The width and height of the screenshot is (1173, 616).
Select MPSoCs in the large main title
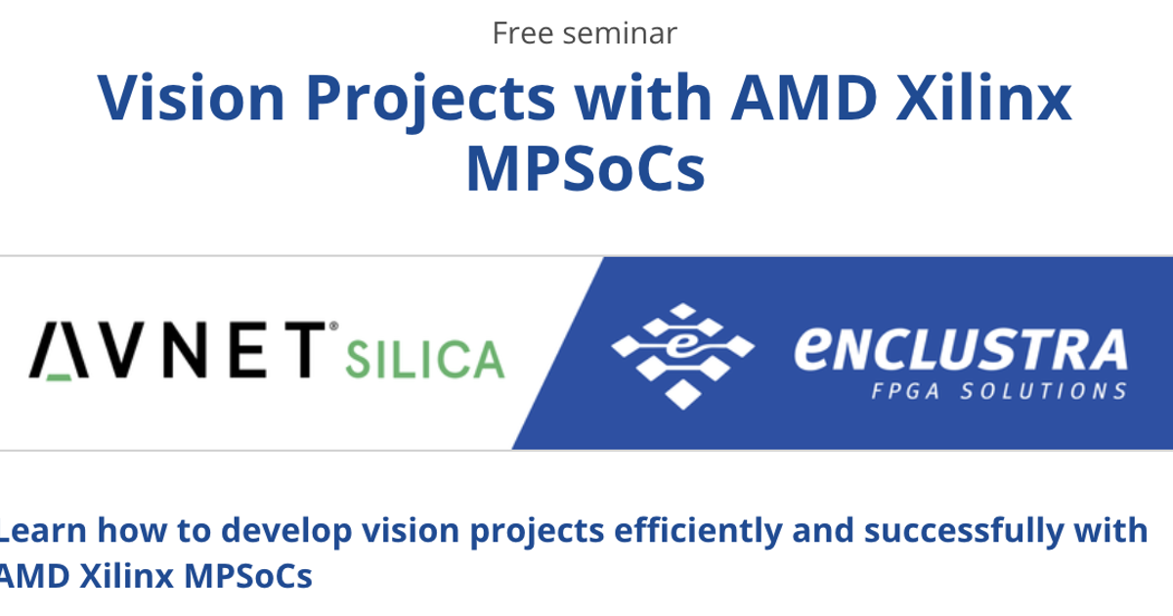(x=585, y=168)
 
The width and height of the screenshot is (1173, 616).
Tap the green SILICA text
(x=424, y=359)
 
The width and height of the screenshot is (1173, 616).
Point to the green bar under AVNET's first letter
(x=58, y=374)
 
